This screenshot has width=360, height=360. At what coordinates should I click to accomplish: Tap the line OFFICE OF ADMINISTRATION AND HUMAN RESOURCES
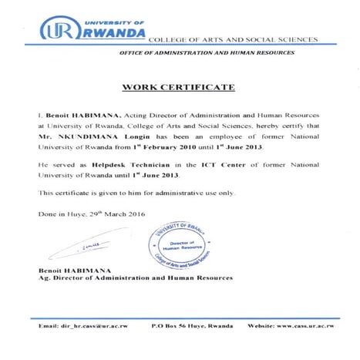[207, 52]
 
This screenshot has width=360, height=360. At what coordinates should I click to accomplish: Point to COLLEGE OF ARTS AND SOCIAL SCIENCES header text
[233, 39]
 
